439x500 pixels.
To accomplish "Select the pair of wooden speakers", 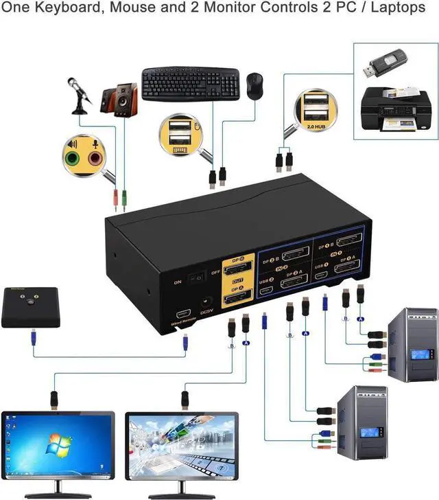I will [x=118, y=102].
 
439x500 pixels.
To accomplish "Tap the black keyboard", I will [x=190, y=84].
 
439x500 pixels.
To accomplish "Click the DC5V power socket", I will [x=204, y=303].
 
